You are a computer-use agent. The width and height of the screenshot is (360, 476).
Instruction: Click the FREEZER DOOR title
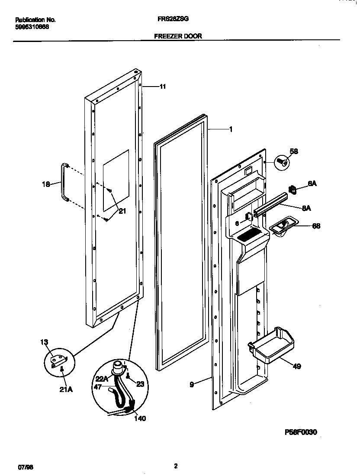tap(178, 37)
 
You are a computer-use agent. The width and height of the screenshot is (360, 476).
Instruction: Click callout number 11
tap(163, 87)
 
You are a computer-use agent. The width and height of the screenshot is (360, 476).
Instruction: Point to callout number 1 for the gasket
tap(231, 129)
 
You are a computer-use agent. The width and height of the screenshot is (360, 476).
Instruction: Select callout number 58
tap(293, 151)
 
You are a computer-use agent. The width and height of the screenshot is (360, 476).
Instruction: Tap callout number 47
tap(98, 387)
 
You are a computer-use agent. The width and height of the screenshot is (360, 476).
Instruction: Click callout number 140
tap(140, 418)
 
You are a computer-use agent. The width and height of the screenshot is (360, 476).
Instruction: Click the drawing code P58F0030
tap(301, 432)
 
